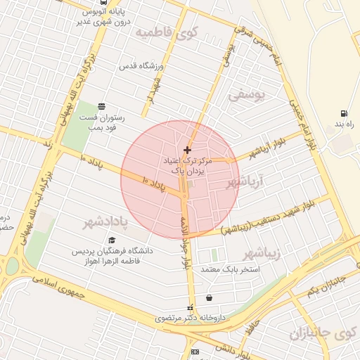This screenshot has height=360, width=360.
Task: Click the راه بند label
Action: (x=344, y=123)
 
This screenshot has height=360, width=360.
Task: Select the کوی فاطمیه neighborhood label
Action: (x=167, y=32)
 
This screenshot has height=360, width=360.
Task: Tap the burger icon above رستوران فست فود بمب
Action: (x=103, y=106)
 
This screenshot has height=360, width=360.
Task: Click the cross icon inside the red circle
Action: (x=187, y=150)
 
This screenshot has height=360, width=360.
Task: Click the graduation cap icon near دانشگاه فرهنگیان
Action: (x=111, y=240)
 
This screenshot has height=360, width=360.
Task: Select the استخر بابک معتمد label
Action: (x=230, y=269)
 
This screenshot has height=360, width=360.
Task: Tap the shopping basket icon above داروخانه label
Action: (x=210, y=297)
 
